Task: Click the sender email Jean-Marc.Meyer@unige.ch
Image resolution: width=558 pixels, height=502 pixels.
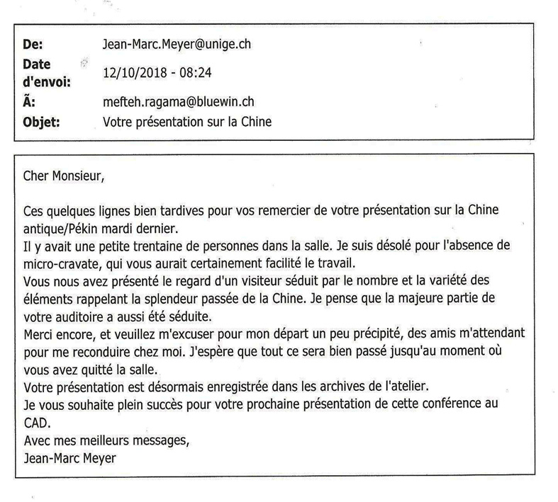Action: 177,45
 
